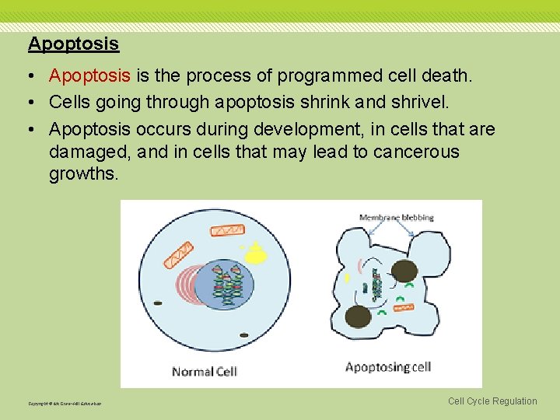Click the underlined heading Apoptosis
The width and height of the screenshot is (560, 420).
(x=73, y=44)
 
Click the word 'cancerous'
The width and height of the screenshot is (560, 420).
(x=416, y=152)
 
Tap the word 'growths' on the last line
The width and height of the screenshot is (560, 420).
(x=84, y=174)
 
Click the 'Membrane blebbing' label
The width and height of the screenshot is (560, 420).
(x=397, y=218)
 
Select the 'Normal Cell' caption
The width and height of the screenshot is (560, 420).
(x=204, y=371)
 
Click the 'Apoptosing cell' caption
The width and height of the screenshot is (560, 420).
(x=387, y=367)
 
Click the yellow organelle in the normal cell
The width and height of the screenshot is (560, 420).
(x=256, y=254)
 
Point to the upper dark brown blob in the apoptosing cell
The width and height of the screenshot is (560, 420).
(x=404, y=271)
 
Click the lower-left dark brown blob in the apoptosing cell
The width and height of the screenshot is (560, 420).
(x=357, y=317)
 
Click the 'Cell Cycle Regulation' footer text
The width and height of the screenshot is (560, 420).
(x=492, y=401)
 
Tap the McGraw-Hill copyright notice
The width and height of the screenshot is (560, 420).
(x=65, y=403)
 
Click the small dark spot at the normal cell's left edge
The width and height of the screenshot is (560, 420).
(x=159, y=303)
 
